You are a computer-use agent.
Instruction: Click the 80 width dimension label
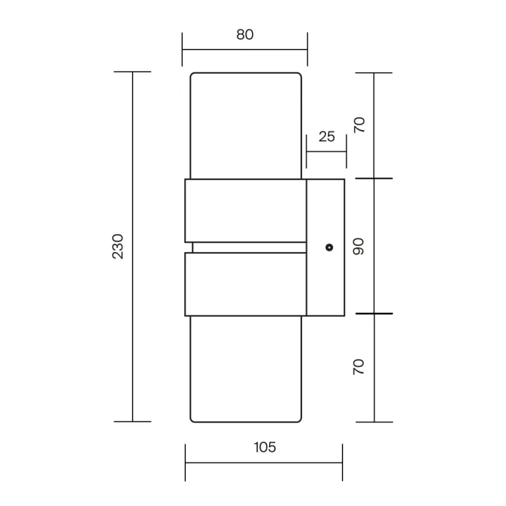pos(245,34)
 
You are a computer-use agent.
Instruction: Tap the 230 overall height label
pos(118,246)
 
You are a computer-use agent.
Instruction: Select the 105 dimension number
pos(265,447)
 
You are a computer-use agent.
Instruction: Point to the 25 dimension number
pos(327,137)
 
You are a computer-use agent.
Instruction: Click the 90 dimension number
pos(358,247)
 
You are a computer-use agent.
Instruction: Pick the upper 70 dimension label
pos(359,125)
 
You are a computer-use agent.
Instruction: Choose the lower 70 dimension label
pos(358,367)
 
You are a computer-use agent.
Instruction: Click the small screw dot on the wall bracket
pos(329,247)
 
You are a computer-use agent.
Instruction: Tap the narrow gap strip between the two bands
pos(249,247)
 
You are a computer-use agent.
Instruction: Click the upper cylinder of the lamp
pos(246,125)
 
